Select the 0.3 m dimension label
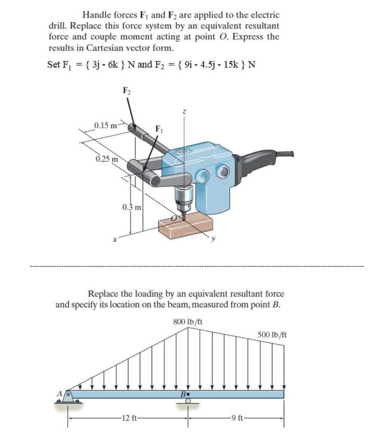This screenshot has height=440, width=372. click(131, 207)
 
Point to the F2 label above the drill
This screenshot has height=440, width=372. click(126, 89)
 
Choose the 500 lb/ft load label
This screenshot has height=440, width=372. click(272, 335)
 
